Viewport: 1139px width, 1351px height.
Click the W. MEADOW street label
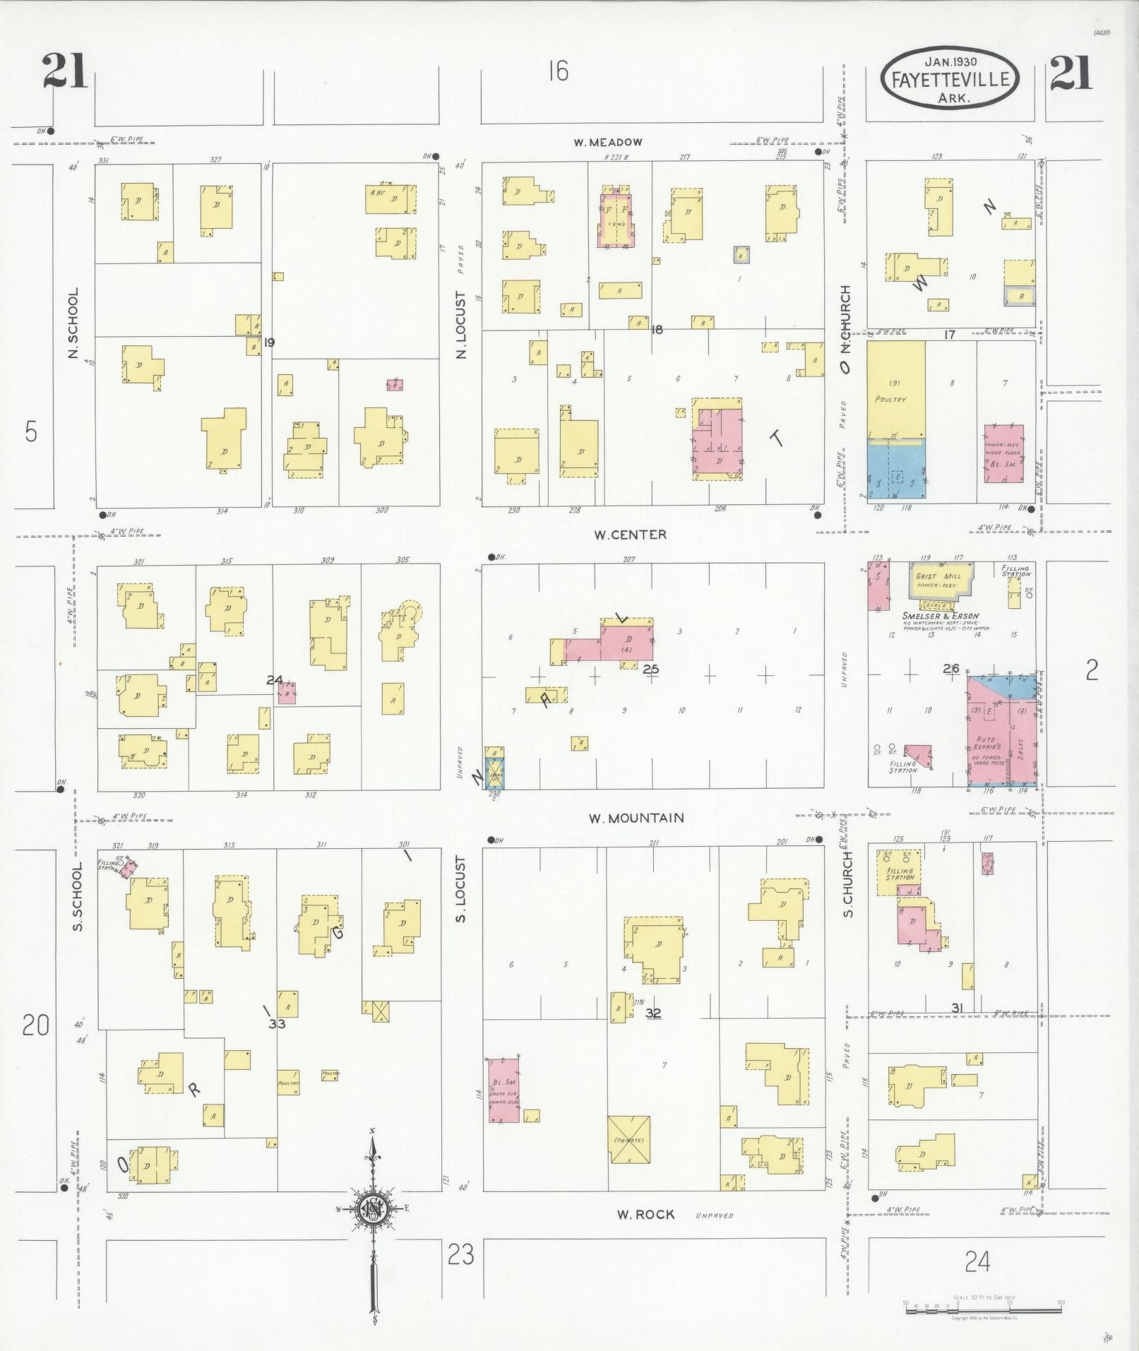click(x=608, y=142)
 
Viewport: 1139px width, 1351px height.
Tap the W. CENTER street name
click(x=630, y=535)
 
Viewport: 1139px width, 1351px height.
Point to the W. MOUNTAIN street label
click(x=636, y=818)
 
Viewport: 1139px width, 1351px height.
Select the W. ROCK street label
click(x=645, y=1215)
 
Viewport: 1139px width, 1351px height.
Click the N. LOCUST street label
click(x=462, y=325)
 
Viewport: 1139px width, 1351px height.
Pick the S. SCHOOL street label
click(x=78, y=895)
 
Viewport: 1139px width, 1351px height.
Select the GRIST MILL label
click(x=936, y=576)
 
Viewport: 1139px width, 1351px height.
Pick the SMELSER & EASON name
click(x=932, y=615)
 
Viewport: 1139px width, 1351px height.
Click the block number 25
click(x=650, y=668)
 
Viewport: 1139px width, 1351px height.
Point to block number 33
click(x=276, y=1023)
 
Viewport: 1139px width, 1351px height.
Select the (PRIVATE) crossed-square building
click(x=629, y=1141)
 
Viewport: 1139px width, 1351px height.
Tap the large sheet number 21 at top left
click(x=64, y=72)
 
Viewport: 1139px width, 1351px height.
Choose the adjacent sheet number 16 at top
click(x=558, y=71)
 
